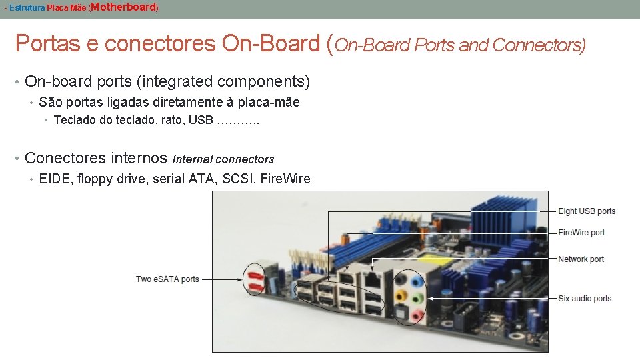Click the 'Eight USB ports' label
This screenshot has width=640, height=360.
587,211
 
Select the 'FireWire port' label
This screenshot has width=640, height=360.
581,233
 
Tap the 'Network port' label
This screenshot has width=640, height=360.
581,259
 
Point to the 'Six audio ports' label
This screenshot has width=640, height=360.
585,299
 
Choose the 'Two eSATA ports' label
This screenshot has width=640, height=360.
167,279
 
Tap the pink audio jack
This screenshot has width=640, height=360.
417,314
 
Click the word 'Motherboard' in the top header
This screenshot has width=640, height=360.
123,7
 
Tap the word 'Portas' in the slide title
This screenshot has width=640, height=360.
48,43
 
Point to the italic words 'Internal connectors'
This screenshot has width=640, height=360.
223,159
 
